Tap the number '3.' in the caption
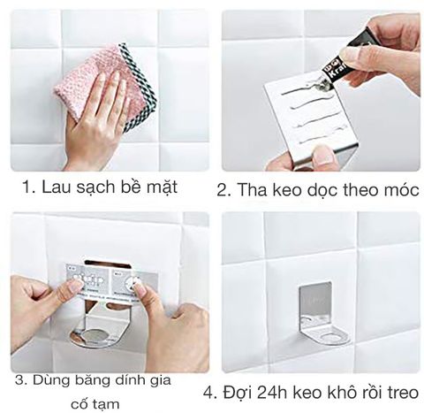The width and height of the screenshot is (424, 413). click(x=19, y=380)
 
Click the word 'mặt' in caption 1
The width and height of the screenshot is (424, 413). click(x=160, y=187)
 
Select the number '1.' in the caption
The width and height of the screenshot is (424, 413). click(x=29, y=187)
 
